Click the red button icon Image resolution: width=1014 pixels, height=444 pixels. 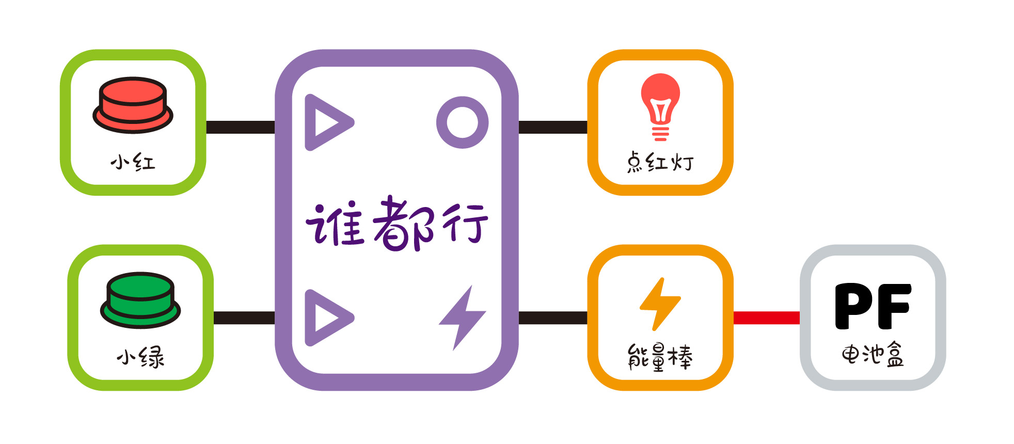click(133, 105)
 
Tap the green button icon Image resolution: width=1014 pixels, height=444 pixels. click(140, 300)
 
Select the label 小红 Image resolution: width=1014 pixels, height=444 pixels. click(133, 162)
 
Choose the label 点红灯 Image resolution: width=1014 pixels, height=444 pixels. click(660, 162)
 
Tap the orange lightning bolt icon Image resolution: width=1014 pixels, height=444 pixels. click(660, 304)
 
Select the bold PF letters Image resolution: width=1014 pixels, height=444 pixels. click(873, 306)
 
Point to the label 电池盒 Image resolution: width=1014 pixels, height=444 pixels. click(873, 355)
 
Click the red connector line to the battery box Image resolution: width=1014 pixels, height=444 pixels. click(767, 318)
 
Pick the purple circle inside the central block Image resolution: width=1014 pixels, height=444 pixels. click(462, 122)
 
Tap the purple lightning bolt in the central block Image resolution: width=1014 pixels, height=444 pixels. click(462, 318)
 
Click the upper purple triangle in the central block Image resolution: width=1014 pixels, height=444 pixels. click(328, 122)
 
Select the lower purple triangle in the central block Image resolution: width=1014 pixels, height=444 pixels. click(328, 318)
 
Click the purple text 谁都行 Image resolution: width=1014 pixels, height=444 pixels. click(397, 223)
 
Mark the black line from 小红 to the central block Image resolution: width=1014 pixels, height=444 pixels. click(241, 127)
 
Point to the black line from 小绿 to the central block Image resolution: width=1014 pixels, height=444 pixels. click(244, 318)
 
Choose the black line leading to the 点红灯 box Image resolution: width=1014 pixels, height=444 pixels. click(553, 127)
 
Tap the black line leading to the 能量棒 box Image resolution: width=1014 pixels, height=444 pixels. click(553, 318)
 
